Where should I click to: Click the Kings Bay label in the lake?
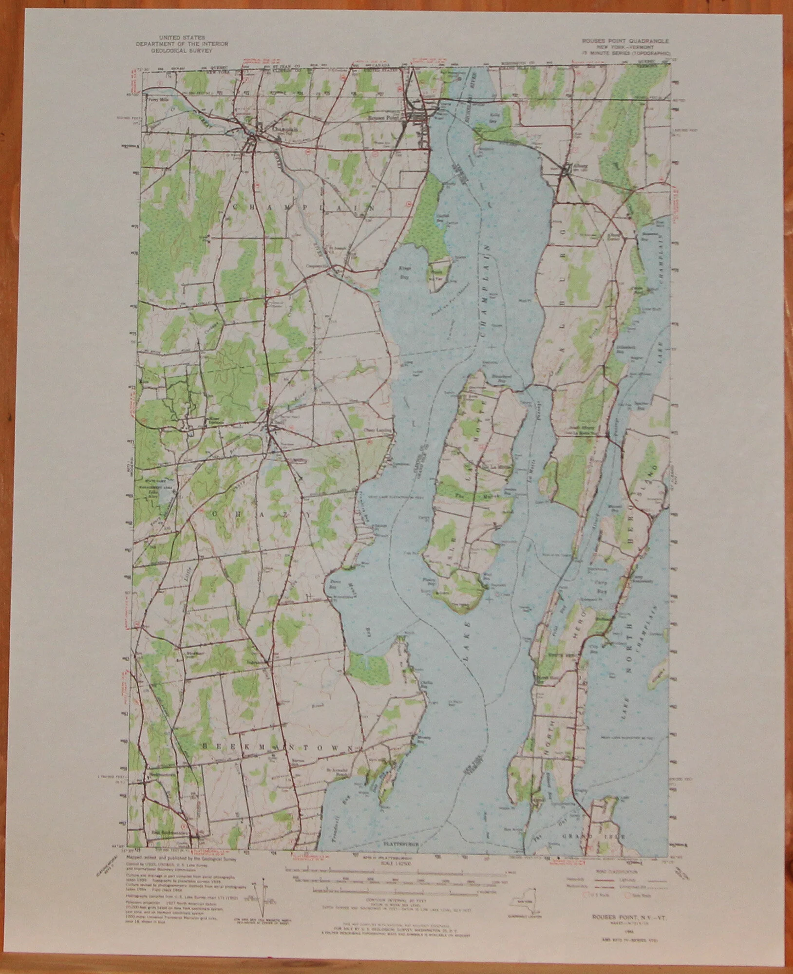(392, 269)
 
